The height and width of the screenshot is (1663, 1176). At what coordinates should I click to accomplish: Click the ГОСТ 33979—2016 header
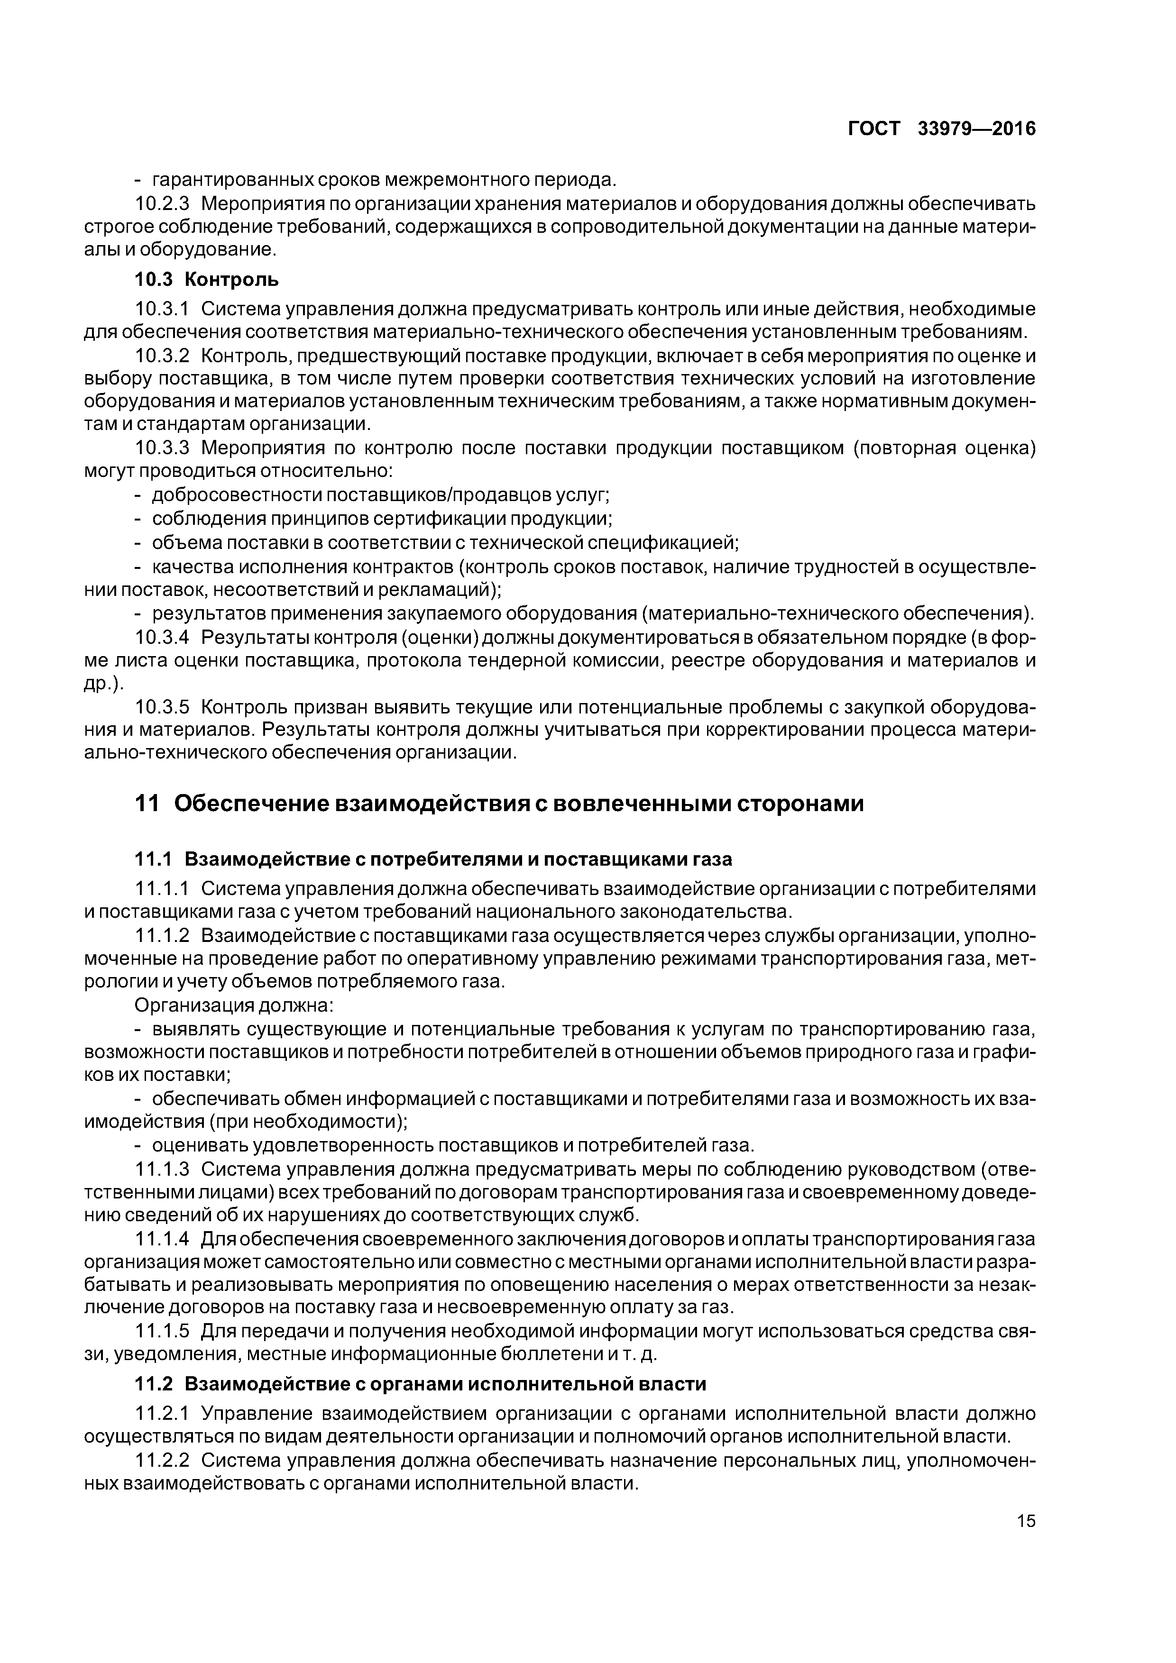[941, 129]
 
